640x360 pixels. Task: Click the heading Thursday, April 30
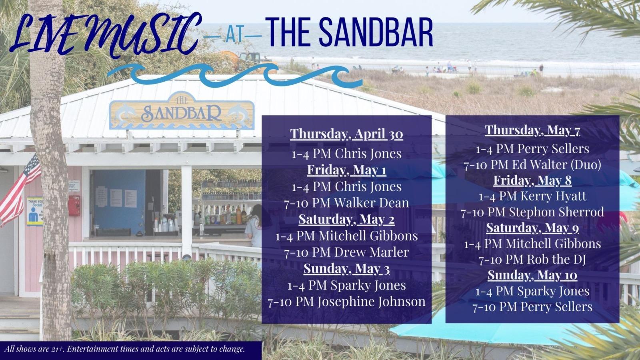click(346, 134)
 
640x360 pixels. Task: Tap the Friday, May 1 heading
click(346, 170)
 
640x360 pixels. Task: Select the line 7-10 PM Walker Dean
click(346, 203)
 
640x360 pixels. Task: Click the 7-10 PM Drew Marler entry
click(346, 252)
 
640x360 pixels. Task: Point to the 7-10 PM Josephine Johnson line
click(346, 302)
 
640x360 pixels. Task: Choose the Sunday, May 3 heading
click(346, 269)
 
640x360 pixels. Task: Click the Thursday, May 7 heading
click(532, 130)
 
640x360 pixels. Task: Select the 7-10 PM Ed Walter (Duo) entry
click(532, 165)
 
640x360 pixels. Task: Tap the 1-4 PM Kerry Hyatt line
click(532, 196)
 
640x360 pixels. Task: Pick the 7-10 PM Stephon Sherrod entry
click(532, 212)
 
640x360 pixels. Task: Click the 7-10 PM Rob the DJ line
click(532, 260)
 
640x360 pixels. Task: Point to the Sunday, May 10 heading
click(532, 275)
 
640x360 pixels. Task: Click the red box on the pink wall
click(74, 206)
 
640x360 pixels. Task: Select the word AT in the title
click(235, 36)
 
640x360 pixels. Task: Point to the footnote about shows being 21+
click(125, 349)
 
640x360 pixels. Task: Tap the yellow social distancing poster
click(35, 211)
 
